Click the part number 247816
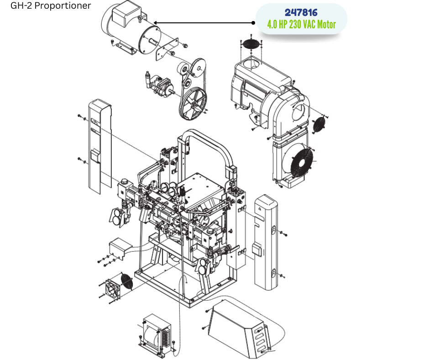[x=301, y=13]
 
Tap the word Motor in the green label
[x=326, y=24]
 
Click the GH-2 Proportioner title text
[x=51, y=5]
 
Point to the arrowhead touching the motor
[x=156, y=23]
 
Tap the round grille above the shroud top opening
[x=251, y=44]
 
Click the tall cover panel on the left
[x=100, y=147]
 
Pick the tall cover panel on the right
[x=266, y=242]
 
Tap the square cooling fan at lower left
[x=112, y=290]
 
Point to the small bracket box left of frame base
[x=118, y=248]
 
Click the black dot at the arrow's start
[x=253, y=23]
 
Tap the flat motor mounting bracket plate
[x=167, y=49]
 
